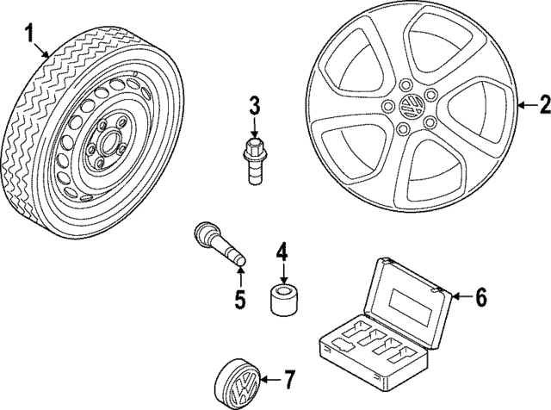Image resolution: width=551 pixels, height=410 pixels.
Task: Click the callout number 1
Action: point(28,34)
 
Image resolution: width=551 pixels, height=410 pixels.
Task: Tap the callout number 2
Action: point(543,105)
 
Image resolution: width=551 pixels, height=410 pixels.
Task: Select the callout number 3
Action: point(255,107)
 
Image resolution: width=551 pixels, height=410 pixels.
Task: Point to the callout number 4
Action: point(282,253)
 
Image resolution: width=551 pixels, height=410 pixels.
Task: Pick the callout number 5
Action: point(241,300)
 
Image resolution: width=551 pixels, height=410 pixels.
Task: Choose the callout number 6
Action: point(481,297)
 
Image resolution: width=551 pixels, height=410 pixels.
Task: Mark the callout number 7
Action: point(290,379)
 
